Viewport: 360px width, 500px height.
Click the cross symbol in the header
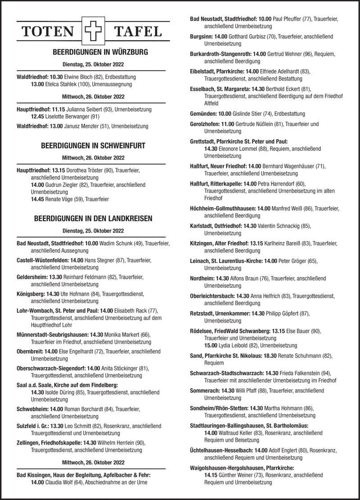coord(93,31)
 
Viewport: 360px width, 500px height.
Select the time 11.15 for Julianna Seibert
coord(59,109)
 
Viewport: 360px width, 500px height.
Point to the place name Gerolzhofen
coord(205,124)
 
